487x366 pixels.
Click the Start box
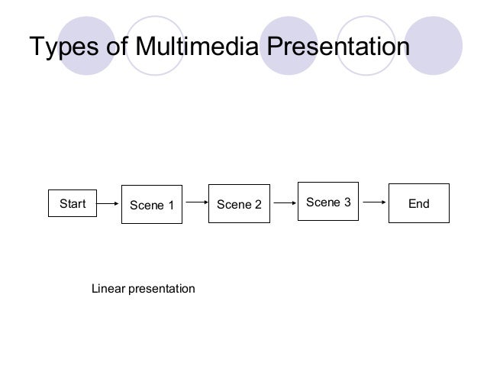click(73, 204)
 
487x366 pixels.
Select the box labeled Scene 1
click(152, 205)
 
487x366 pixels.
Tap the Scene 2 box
click(239, 205)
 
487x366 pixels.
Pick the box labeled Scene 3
click(327, 202)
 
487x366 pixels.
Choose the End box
click(418, 204)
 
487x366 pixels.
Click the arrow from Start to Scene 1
click(109, 204)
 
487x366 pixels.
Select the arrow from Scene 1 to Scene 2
click(195, 203)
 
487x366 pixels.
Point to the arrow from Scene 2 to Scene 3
click(283, 204)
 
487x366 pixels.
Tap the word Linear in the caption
click(108, 290)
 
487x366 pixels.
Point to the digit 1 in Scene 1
click(171, 206)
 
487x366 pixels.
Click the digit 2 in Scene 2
click(258, 206)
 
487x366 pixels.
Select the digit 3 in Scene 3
click(347, 202)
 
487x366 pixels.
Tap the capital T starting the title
click(35, 47)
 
